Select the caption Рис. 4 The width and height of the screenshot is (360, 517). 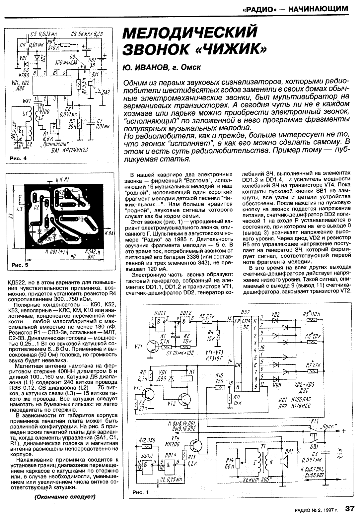point(18,159)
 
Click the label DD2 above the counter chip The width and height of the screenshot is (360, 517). point(246,312)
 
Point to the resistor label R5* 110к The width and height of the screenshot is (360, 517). point(311,314)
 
